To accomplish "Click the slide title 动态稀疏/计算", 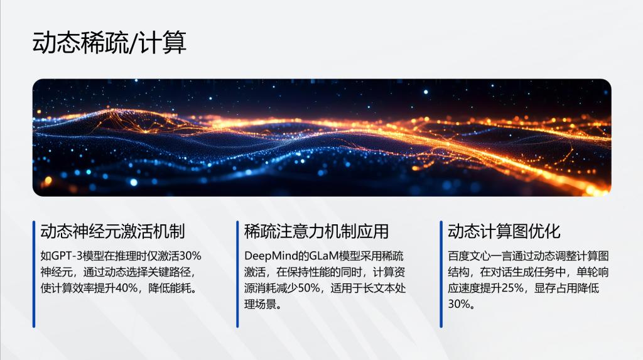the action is pyautogui.click(x=109, y=42).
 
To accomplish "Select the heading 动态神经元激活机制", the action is pyautogui.click(x=113, y=231).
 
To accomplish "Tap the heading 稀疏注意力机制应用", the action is pyautogui.click(x=316, y=231).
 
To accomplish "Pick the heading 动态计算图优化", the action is pyautogui.click(x=504, y=231).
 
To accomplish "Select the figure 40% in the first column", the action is pyautogui.click(x=127, y=288).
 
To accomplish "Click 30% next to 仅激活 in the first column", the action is pyautogui.click(x=190, y=256).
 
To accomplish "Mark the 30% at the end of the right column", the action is pyautogui.click(x=458, y=303).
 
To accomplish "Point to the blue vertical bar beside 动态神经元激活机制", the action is pyautogui.click(x=34, y=274).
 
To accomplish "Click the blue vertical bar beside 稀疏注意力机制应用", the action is pyautogui.click(x=237, y=274).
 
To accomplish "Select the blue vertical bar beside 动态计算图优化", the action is pyautogui.click(x=441, y=274).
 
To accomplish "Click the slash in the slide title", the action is pyautogui.click(x=132, y=43).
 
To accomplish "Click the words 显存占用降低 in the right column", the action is pyautogui.click(x=566, y=288).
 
